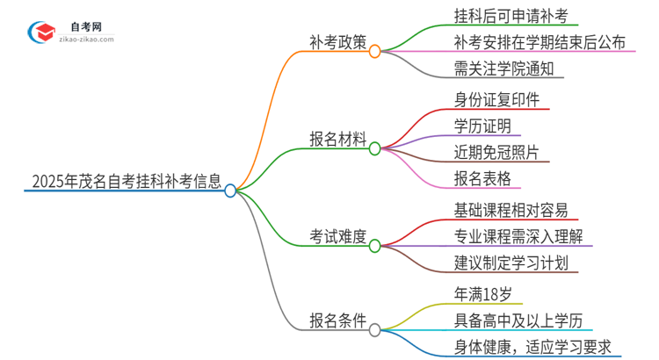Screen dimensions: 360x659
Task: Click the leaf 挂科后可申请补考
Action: [492, 14]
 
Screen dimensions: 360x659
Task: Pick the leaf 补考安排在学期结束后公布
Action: [527, 41]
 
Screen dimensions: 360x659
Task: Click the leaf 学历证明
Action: [482, 126]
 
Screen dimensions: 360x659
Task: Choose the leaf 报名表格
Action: [482, 180]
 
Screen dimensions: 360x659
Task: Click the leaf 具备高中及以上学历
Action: [517, 320]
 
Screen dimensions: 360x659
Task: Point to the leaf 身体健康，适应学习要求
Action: [532, 348]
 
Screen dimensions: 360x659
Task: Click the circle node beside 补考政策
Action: [375, 53]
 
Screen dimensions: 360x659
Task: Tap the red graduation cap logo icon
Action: [40, 32]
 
